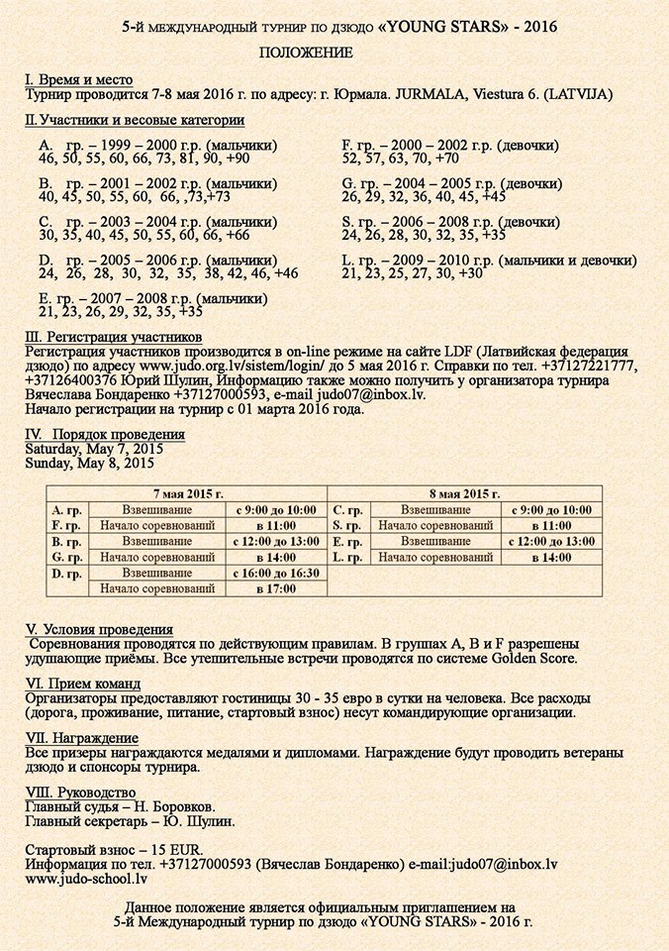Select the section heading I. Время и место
(x=78, y=80)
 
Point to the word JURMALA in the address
(x=432, y=96)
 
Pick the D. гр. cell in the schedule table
(x=66, y=574)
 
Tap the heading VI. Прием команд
(x=82, y=684)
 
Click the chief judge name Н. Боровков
(x=175, y=807)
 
